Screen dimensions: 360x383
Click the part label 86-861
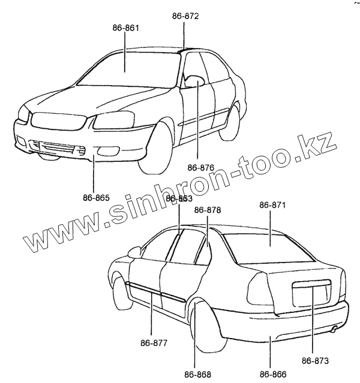(125, 28)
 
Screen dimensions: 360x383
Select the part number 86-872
(185, 16)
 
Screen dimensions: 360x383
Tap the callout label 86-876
(200, 167)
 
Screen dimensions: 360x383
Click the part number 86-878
(208, 210)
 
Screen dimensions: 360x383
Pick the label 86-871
(272, 205)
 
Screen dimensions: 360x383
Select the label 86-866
(272, 375)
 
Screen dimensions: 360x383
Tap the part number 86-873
(314, 361)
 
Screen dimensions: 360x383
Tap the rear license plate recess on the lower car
(311, 294)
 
